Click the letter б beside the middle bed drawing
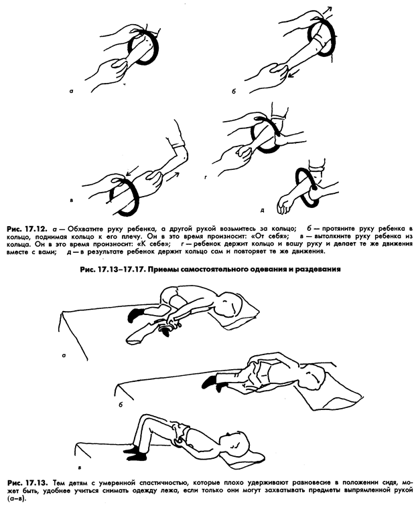tap(119, 406)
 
